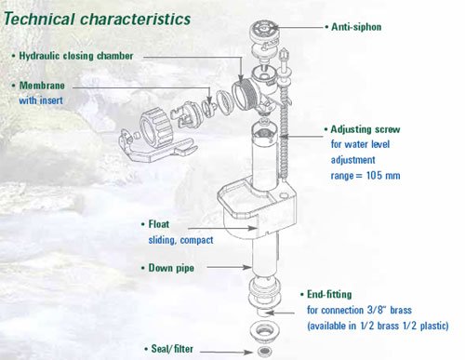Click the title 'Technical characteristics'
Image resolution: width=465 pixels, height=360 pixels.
click(97, 19)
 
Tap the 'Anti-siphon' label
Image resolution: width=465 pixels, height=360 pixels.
click(356, 27)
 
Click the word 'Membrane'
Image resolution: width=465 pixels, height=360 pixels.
click(42, 86)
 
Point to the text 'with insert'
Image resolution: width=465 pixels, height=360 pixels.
click(41, 100)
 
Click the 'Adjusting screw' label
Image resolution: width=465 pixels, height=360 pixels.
click(365, 129)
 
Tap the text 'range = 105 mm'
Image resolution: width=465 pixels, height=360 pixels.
click(365, 176)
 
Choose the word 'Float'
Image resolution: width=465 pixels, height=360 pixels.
click(159, 224)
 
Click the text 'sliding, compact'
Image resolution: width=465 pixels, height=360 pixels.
click(180, 240)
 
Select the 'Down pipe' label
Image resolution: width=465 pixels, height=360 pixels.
click(171, 268)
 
